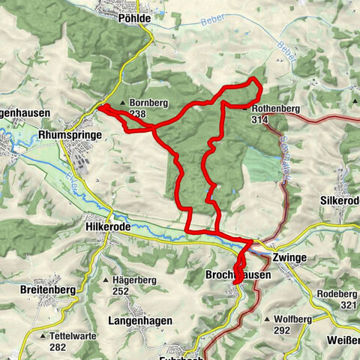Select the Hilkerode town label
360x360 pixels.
(110, 225)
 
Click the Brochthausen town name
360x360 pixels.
(238, 276)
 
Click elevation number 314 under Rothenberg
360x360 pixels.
(260, 120)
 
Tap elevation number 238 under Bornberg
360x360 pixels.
(137, 115)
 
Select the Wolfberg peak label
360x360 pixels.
(292, 319)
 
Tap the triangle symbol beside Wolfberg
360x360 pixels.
(268, 319)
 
